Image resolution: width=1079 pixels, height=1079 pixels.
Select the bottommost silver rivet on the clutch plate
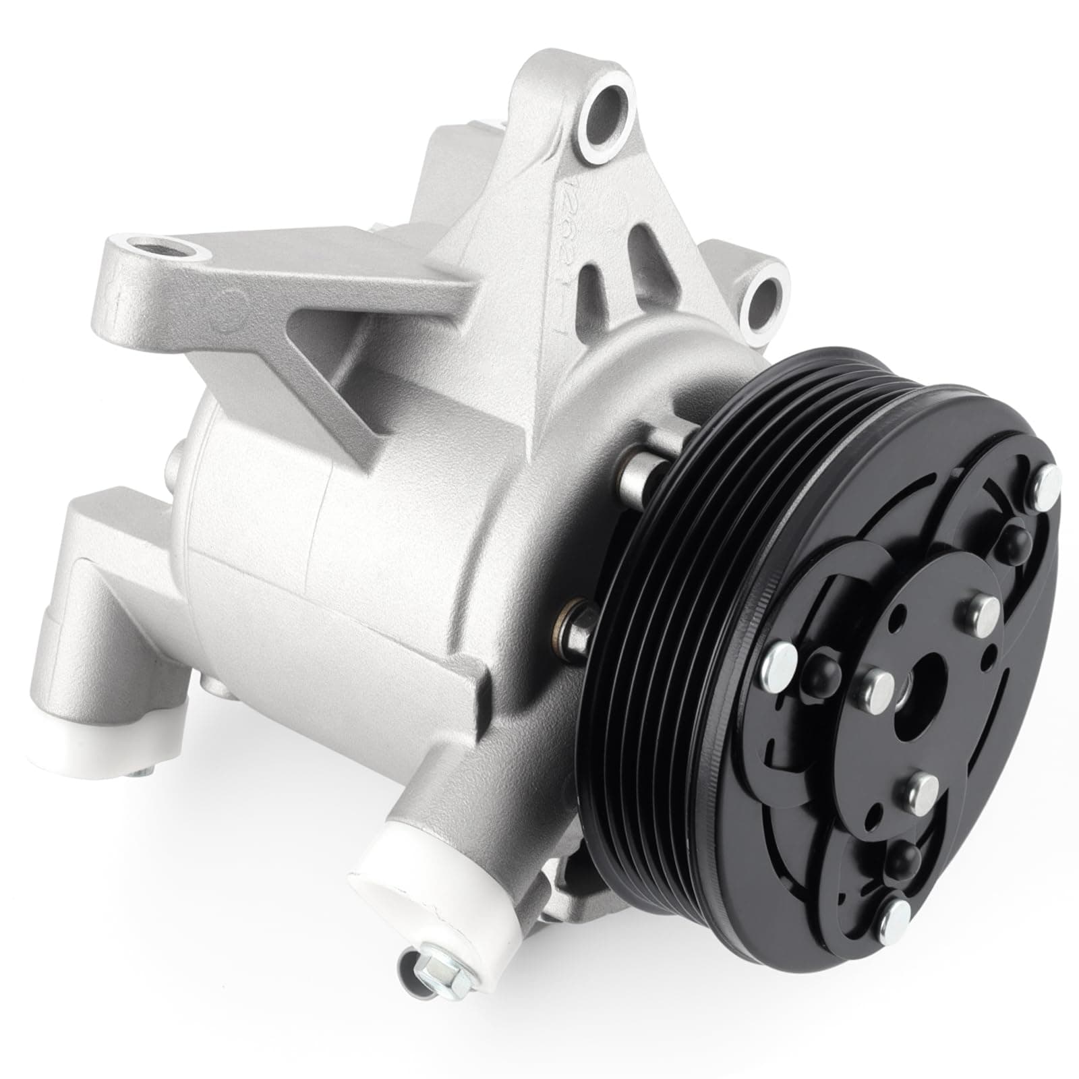coord(899,915)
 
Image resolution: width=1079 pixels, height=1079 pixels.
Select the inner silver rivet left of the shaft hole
coord(875,689)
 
